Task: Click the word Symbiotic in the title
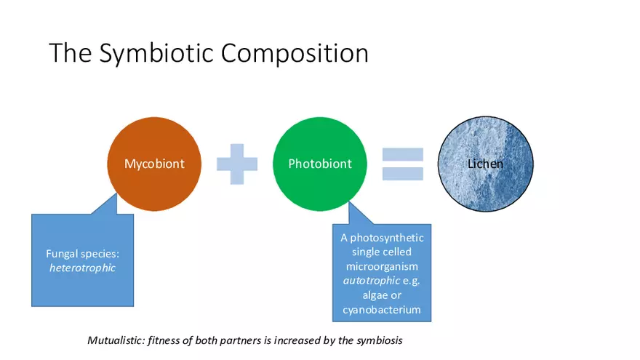pyautogui.click(x=157, y=54)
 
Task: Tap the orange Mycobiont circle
pyautogui.click(x=154, y=164)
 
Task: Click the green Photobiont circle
pyautogui.click(x=320, y=164)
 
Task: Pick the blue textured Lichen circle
pyautogui.click(x=485, y=164)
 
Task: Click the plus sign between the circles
pyautogui.click(x=237, y=164)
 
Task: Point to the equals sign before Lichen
pyautogui.click(x=402, y=164)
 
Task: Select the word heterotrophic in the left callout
pyautogui.click(x=82, y=268)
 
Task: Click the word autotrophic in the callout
pyautogui.click(x=371, y=281)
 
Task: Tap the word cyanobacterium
pyautogui.click(x=382, y=310)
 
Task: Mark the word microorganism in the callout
pyautogui.click(x=382, y=266)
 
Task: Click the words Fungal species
pyautogui.click(x=82, y=254)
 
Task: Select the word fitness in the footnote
pyautogui.click(x=163, y=340)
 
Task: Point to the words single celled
pyautogui.click(x=382, y=252)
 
